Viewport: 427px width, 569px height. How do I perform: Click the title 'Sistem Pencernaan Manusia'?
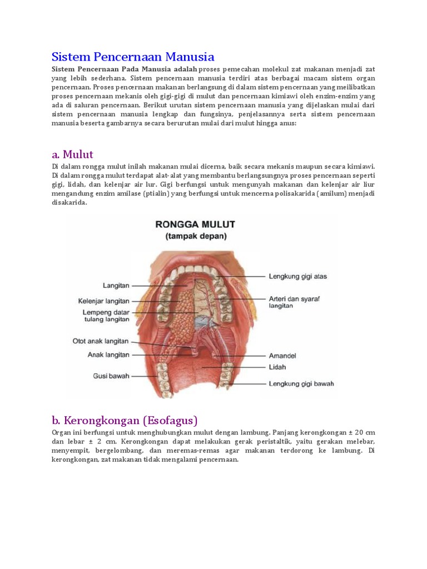point(133,57)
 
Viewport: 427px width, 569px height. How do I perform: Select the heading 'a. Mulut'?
point(72,154)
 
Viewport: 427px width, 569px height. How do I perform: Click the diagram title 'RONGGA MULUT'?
point(195,224)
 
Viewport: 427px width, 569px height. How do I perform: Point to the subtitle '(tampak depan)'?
point(195,236)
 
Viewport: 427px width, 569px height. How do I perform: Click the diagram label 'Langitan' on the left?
point(116,286)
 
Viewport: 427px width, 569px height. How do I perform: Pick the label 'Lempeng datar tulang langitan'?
point(106,316)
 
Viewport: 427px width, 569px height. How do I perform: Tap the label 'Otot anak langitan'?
point(101,341)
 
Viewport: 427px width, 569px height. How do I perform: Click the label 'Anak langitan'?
point(108,354)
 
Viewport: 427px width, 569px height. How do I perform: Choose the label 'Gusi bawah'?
point(111,376)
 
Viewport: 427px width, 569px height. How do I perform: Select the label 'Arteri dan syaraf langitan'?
point(295,302)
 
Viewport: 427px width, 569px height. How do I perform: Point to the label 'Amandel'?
point(283,355)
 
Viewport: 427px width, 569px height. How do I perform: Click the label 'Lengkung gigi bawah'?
point(302,383)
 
